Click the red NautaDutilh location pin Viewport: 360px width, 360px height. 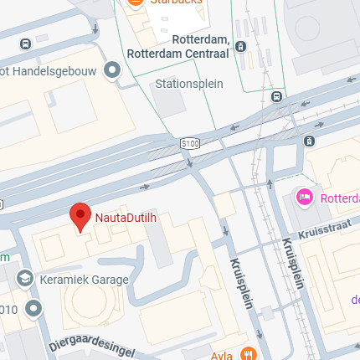coord(80,217)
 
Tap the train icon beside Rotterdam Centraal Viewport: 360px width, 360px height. coord(241,47)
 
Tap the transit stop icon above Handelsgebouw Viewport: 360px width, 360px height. coord(28,43)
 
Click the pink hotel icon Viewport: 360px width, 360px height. coord(305,198)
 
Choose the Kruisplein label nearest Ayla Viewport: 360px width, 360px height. coord(240,284)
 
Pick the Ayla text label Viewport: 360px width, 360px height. coord(223,354)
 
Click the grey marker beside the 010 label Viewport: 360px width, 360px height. coord(33,310)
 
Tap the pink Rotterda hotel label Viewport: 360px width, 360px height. coord(339,198)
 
